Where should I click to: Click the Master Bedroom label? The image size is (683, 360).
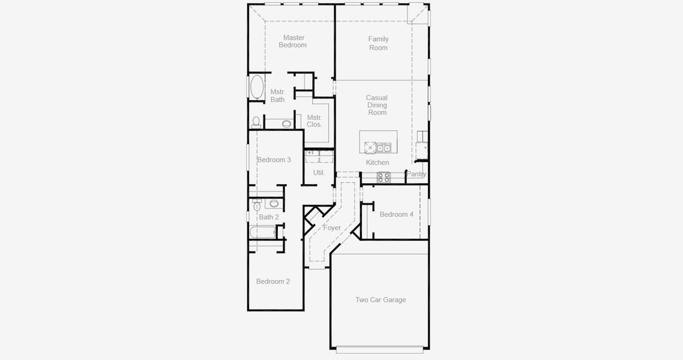click(293, 41)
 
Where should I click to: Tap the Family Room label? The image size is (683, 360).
click(378, 43)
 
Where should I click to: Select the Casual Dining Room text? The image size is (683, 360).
click(377, 105)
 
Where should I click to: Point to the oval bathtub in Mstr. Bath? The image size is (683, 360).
click(257, 88)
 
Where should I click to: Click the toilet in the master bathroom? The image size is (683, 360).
click(256, 122)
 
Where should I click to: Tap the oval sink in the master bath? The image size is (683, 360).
click(287, 124)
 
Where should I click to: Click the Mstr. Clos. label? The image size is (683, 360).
click(314, 121)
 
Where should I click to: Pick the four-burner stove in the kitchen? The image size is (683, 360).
click(383, 177)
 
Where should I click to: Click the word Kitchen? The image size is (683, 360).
click(378, 163)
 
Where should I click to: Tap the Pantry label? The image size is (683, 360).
click(417, 175)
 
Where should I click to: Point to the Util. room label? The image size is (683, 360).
click(319, 173)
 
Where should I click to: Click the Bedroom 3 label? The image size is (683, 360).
click(274, 160)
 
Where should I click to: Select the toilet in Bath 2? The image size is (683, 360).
click(257, 205)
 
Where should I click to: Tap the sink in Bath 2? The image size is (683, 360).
click(274, 203)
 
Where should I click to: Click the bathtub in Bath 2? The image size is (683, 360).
click(262, 232)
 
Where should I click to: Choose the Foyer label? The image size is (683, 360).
click(332, 228)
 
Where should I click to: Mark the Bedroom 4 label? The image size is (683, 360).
click(396, 214)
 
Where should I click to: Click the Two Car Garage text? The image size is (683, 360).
click(381, 300)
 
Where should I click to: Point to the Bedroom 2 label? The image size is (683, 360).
click(273, 281)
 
